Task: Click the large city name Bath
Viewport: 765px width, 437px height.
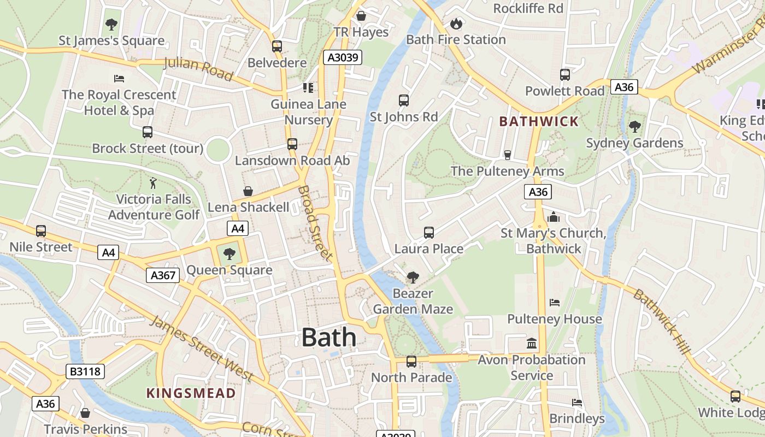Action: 329,337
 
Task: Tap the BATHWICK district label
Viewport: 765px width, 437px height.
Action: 539,121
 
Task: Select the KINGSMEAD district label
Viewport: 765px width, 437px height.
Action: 191,393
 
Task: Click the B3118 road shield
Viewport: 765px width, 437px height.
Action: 85,372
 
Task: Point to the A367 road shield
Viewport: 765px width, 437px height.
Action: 163,275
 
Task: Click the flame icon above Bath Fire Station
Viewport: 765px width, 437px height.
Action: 456,23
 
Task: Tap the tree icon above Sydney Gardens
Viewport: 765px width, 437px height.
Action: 634,127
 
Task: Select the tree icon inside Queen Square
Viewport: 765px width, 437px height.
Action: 229,253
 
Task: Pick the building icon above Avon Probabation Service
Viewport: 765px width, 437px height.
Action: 531,344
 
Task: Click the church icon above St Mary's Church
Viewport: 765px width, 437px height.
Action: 554,217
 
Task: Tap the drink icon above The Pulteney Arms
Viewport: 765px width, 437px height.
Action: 507,155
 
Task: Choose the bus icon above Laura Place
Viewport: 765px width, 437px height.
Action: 429,233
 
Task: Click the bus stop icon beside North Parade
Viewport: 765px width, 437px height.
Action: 411,362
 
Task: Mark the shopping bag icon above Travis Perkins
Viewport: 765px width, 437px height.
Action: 85,413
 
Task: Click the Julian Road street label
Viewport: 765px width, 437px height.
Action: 198,68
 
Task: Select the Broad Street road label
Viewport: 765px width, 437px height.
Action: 315,223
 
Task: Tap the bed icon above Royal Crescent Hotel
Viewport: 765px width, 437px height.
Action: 119,79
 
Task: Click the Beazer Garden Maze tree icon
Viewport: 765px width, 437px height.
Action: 413,277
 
